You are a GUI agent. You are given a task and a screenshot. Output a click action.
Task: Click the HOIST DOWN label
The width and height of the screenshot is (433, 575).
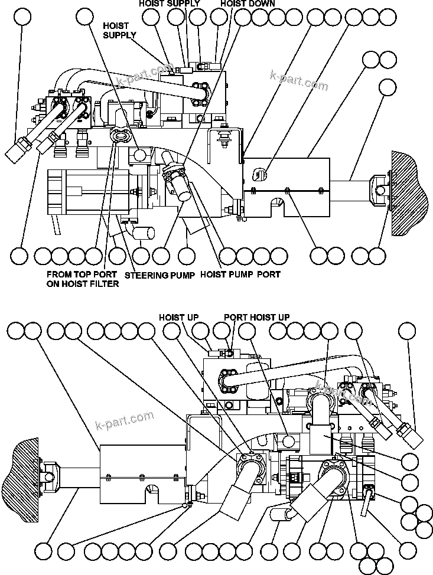(x=248, y=4)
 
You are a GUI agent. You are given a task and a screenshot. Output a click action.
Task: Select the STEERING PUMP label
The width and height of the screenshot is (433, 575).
(x=159, y=275)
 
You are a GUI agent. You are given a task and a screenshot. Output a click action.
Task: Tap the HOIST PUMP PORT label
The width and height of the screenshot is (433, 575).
(x=240, y=275)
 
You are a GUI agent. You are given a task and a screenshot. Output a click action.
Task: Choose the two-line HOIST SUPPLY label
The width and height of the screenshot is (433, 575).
(x=119, y=31)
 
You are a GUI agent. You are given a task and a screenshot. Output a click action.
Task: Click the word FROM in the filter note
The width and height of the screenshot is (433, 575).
(x=59, y=275)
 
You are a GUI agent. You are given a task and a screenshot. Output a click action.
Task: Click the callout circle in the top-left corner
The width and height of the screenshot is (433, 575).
(x=22, y=16)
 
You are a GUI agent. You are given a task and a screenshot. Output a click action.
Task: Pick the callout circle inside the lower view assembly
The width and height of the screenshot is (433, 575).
(x=289, y=441)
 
